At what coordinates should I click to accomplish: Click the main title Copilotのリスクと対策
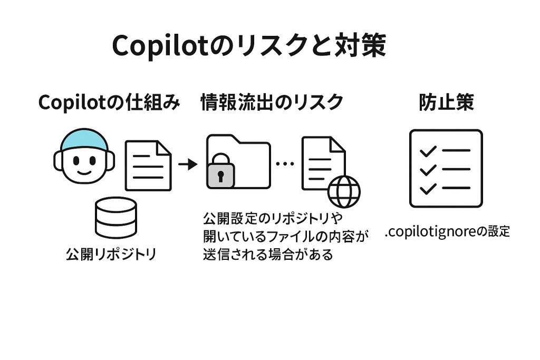coord(249,46)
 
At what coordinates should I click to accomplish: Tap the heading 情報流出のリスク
coord(272,102)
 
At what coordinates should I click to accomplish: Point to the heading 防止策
coord(446,102)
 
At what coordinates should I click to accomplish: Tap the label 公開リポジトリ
coord(111,255)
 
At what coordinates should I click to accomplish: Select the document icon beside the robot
coord(148,165)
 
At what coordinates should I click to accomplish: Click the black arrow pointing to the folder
coord(188,164)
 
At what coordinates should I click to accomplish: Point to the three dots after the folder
coord(285,164)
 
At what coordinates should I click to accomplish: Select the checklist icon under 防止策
coord(446,168)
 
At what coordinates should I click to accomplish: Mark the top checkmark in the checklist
coord(427,151)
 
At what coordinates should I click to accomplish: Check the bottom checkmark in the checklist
coord(427,188)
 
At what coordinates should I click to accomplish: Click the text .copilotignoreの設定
coord(447,231)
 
